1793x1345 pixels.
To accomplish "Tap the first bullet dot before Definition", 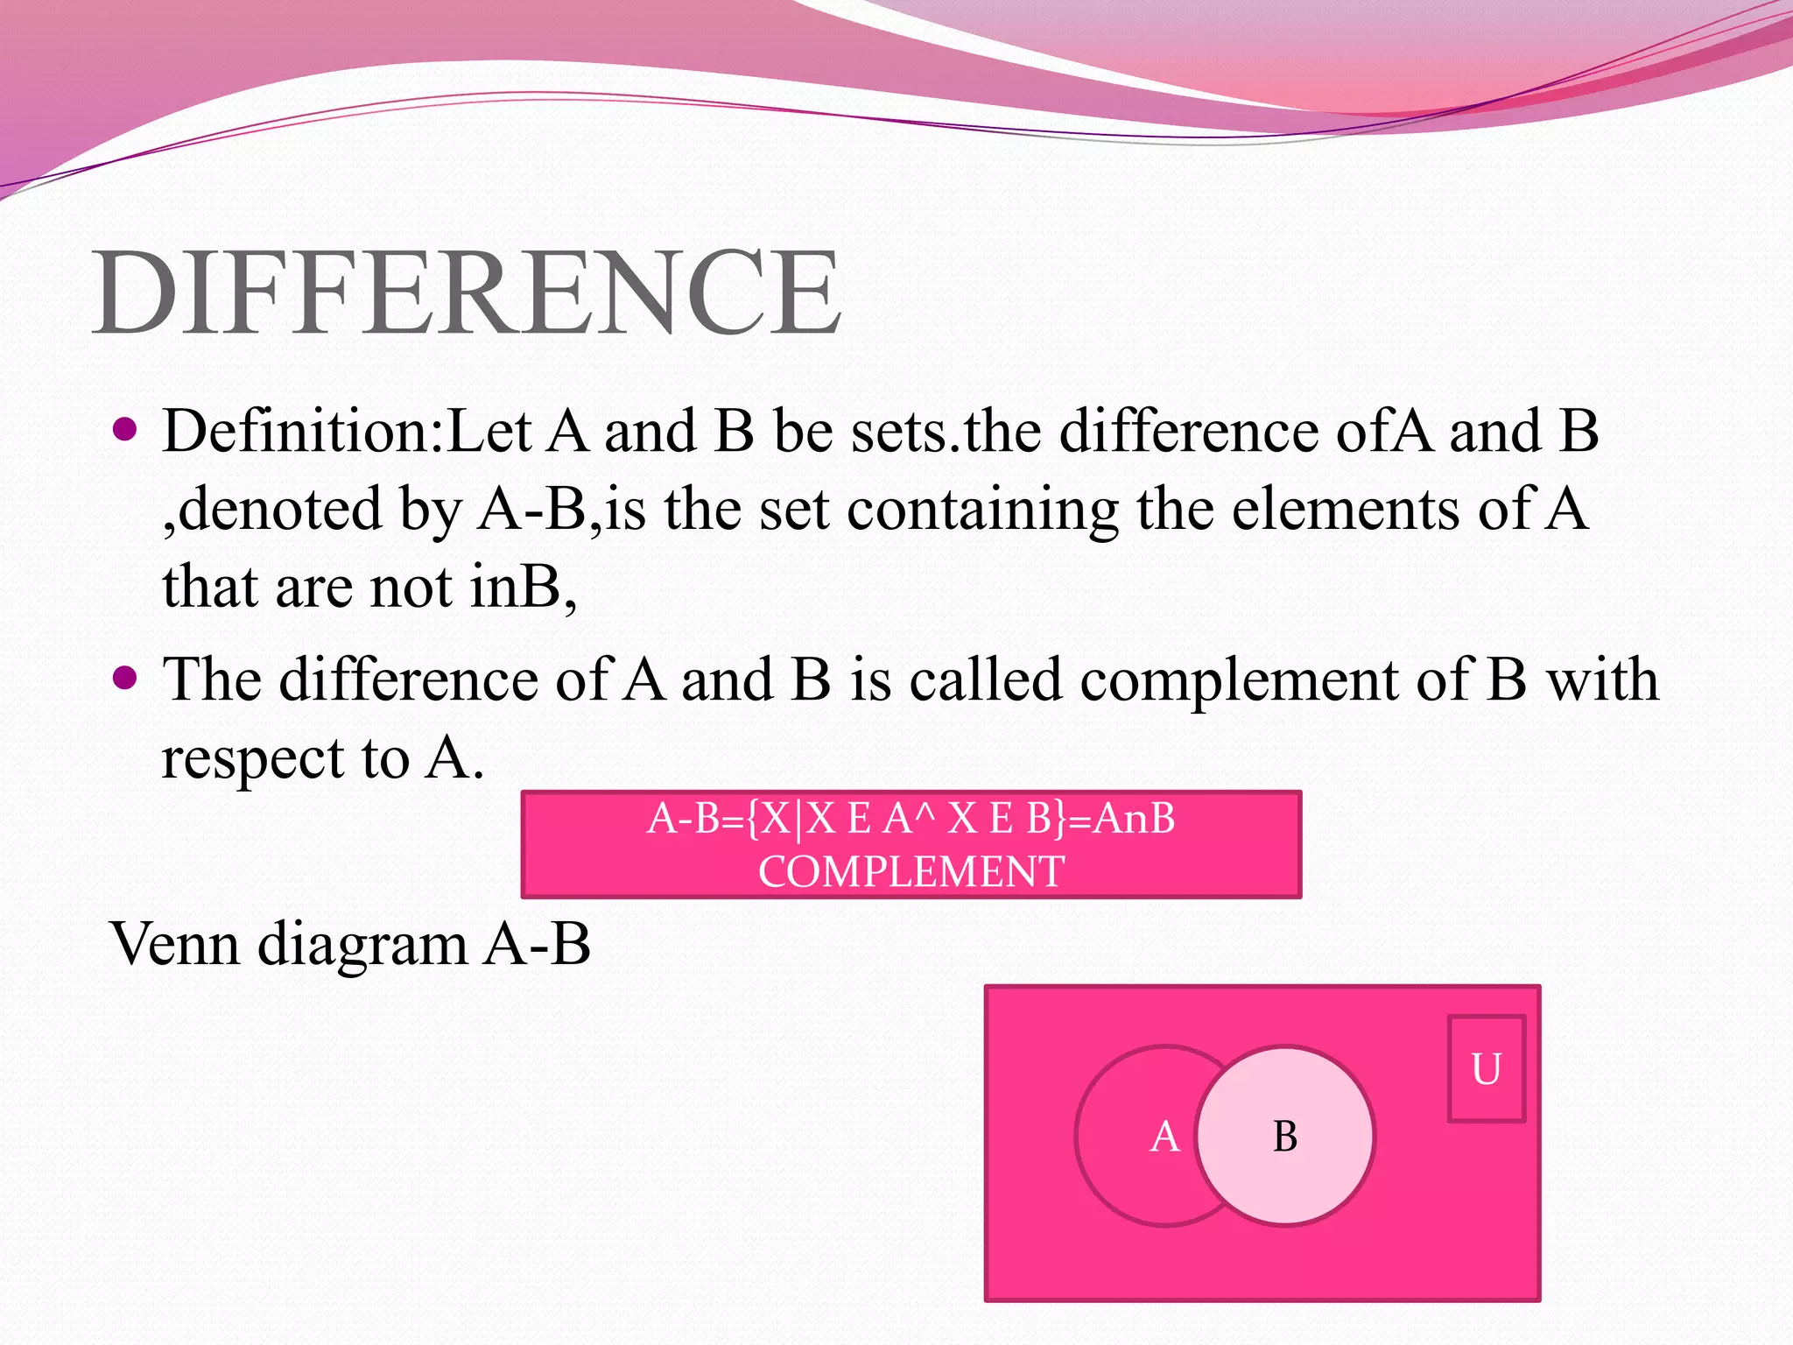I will (x=126, y=429).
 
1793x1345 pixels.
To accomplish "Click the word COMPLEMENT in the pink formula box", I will (x=911, y=872).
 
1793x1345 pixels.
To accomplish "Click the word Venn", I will (x=175, y=945).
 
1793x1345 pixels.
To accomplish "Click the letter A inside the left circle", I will (x=1164, y=1137).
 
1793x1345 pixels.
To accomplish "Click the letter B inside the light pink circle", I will (x=1284, y=1137).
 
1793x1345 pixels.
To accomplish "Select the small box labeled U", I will (x=1486, y=1068).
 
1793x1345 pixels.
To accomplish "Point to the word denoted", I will (x=280, y=510).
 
